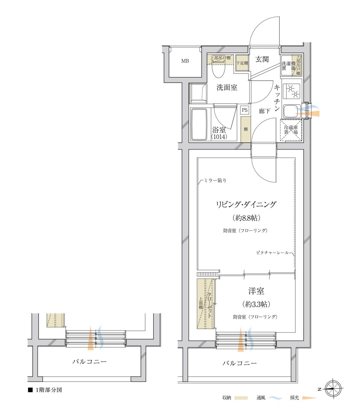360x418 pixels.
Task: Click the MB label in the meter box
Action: pos(185,61)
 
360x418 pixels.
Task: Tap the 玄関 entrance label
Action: pos(262,59)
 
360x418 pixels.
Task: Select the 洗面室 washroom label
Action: pos(227,87)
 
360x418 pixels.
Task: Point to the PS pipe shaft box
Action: pos(244,110)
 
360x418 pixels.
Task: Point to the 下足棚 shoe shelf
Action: pos(242,63)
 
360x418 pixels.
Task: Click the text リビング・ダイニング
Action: pos(246,204)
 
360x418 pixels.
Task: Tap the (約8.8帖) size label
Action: pos(246,218)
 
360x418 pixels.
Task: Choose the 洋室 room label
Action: pos(256,291)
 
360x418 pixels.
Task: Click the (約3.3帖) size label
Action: pos(256,304)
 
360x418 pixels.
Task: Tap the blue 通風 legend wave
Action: pos(276,398)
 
